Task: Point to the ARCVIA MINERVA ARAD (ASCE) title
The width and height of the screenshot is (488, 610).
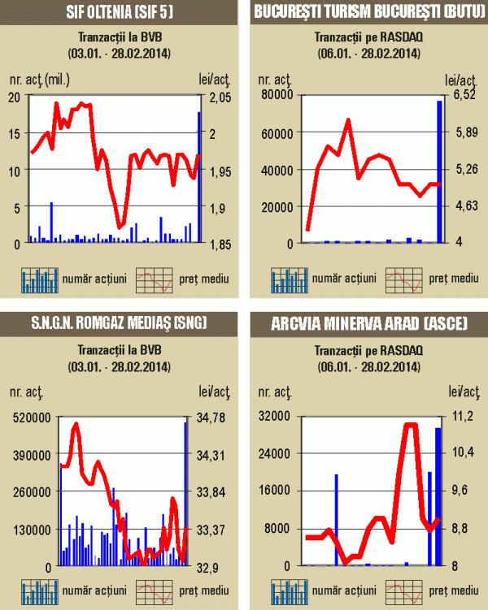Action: pyautogui.click(x=369, y=323)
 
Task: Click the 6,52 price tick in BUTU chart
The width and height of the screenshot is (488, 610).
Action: pyautogui.click(x=464, y=96)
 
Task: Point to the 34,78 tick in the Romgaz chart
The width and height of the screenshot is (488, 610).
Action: pyautogui.click(x=214, y=417)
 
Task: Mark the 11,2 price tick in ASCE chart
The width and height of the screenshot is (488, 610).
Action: pyautogui.click(x=462, y=417)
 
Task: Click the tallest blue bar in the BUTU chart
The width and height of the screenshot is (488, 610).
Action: pyautogui.click(x=440, y=171)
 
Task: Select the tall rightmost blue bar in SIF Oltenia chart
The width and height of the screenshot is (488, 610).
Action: pyautogui.click(x=198, y=177)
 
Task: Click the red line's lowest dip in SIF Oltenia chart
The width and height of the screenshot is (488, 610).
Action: pyautogui.click(x=120, y=226)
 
